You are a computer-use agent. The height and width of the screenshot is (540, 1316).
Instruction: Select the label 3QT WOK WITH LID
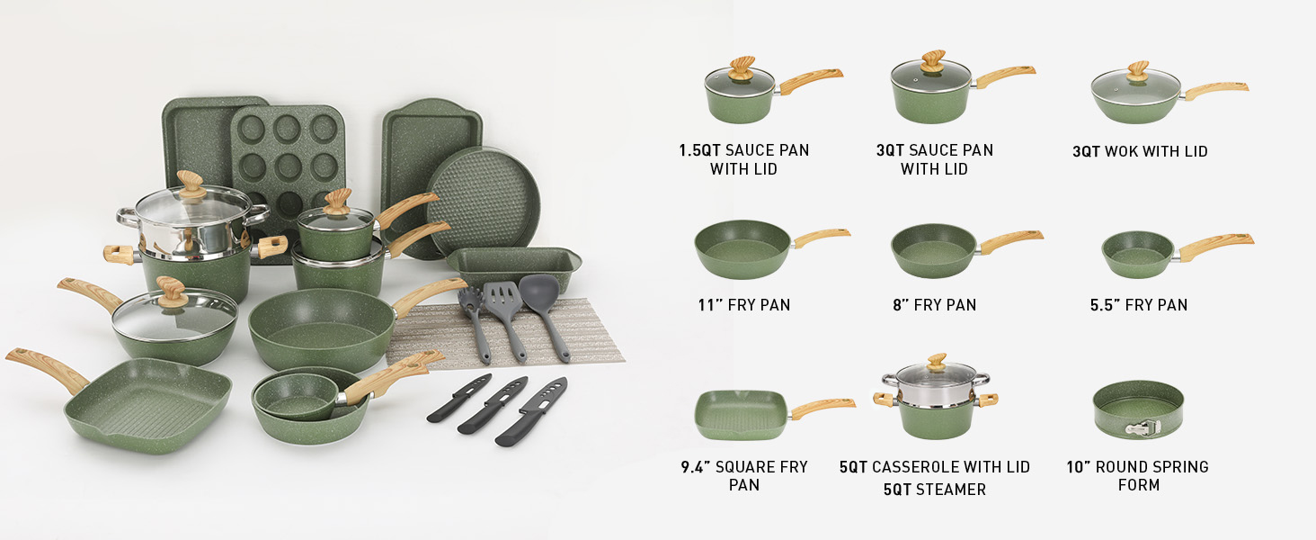pyautogui.click(x=1140, y=151)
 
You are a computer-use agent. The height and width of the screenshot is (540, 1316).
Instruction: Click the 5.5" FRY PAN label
pyautogui.click(x=1139, y=305)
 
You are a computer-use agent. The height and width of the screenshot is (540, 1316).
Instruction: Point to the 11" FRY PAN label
pyautogui.click(x=743, y=305)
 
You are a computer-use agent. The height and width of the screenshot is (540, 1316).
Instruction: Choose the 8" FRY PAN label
pyautogui.click(x=934, y=305)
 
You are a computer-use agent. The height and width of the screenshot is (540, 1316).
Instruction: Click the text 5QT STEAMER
pyautogui.click(x=935, y=490)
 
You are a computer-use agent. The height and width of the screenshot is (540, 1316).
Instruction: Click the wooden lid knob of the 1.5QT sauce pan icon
pyautogui.click(x=742, y=68)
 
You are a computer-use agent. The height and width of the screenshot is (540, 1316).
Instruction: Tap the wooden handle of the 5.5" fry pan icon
pyautogui.click(x=1214, y=246)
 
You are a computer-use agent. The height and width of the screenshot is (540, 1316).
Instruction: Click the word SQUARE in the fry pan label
pyautogui.click(x=746, y=467)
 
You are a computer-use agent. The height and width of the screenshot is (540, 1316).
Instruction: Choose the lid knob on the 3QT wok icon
pyautogui.click(x=1138, y=71)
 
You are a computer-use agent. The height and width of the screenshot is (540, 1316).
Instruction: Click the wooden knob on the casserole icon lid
pyautogui.click(x=937, y=363)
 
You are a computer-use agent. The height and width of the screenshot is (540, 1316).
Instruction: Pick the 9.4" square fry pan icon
pyautogui.click(x=772, y=415)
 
